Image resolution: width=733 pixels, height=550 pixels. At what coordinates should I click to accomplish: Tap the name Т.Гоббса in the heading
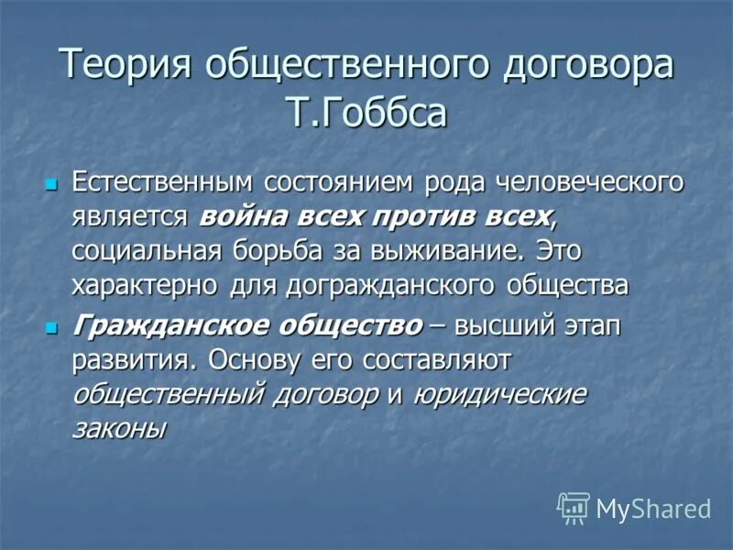[366, 114]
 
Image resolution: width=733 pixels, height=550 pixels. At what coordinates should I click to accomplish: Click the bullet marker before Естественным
[52, 183]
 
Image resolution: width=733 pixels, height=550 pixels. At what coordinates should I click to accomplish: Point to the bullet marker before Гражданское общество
[52, 326]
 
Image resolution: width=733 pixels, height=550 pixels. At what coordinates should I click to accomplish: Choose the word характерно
[143, 286]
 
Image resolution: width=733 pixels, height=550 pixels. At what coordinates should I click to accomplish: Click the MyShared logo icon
[574, 507]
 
